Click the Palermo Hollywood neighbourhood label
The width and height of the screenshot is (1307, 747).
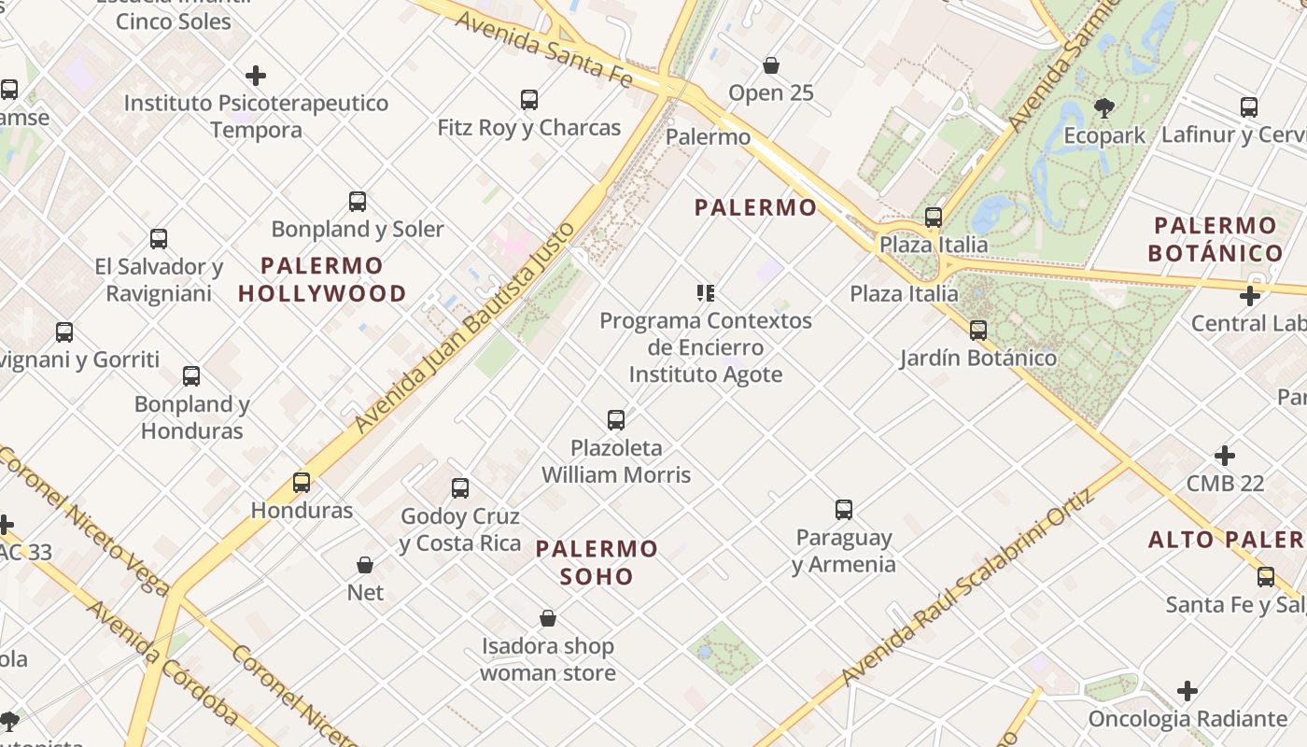pyautogui.click(x=322, y=279)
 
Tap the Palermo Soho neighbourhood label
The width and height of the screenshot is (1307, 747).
pyautogui.click(x=597, y=562)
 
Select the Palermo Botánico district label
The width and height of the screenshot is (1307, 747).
pyautogui.click(x=1215, y=239)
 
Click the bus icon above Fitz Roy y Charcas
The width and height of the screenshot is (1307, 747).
pyautogui.click(x=529, y=99)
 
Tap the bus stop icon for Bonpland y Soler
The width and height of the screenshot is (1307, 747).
pyautogui.click(x=358, y=201)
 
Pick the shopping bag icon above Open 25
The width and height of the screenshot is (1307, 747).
pyautogui.click(x=771, y=65)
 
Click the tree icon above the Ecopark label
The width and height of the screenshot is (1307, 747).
pyautogui.click(x=1104, y=107)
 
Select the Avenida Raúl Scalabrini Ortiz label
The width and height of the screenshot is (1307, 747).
pyautogui.click(x=965, y=588)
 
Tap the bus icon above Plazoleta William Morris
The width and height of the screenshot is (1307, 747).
pyautogui.click(x=616, y=419)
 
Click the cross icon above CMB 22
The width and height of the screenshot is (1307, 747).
pyautogui.click(x=1225, y=456)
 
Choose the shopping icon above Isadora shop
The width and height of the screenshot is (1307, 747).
pyautogui.click(x=548, y=618)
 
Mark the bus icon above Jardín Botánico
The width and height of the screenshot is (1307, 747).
pyautogui.click(x=978, y=330)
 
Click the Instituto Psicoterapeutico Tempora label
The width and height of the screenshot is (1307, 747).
pyautogui.click(x=256, y=116)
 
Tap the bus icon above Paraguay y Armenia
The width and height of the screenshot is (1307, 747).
pyautogui.click(x=844, y=509)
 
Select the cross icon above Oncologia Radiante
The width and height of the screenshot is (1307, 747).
pyautogui.click(x=1188, y=691)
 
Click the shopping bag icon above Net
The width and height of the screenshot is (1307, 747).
pyautogui.click(x=365, y=565)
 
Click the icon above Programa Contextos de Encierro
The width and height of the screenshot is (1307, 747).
pyautogui.click(x=706, y=293)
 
